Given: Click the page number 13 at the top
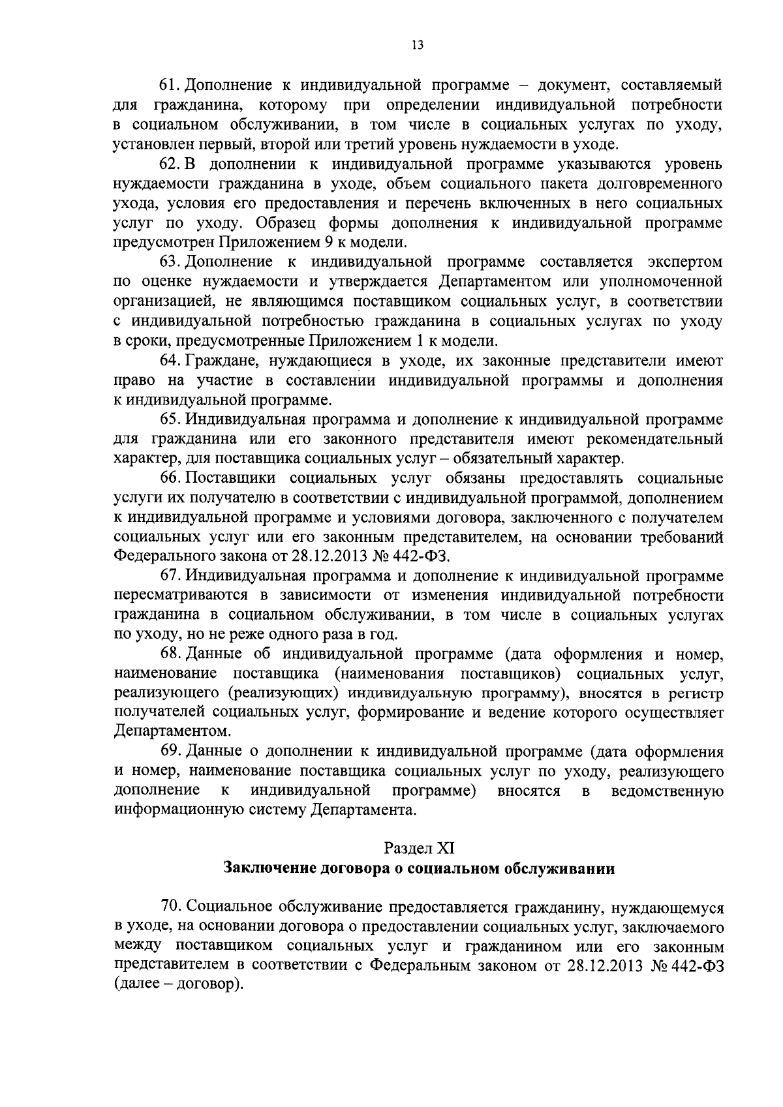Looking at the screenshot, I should (x=418, y=45).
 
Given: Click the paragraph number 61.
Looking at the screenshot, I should (x=170, y=85).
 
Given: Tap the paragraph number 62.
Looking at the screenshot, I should (x=170, y=164).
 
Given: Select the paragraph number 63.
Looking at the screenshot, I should (x=170, y=262).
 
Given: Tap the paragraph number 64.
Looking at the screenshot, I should (x=170, y=361).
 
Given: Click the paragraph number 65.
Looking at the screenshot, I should (x=170, y=419).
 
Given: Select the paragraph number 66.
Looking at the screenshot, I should (x=170, y=478).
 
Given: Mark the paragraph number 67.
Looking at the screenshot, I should (x=170, y=577).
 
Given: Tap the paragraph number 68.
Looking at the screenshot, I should (x=170, y=654).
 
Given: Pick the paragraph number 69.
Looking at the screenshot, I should (x=170, y=752).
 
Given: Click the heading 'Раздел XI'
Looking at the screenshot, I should (x=418, y=849).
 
